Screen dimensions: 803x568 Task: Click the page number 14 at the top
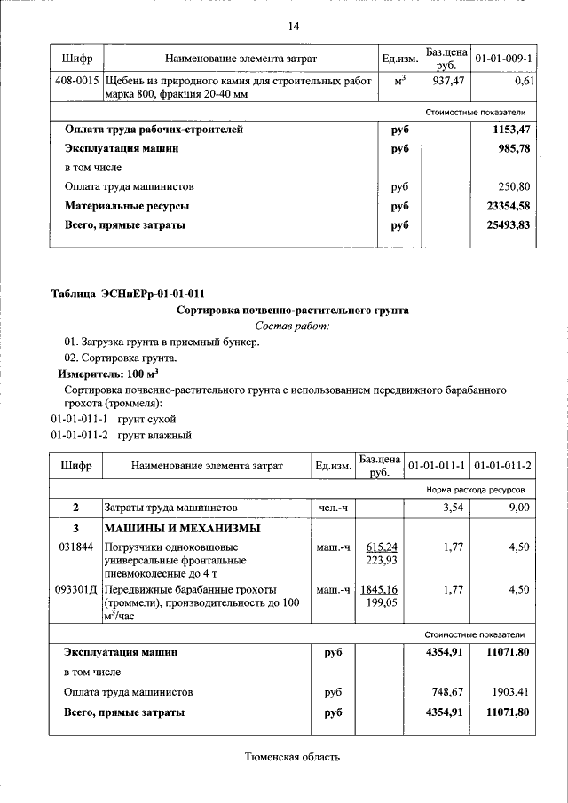[x=293, y=26]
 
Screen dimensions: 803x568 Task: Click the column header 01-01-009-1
[x=504, y=59]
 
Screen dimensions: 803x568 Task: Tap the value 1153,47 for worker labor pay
[x=511, y=130]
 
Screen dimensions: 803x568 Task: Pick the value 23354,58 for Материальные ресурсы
[x=508, y=206]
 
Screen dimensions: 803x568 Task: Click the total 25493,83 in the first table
[x=508, y=225]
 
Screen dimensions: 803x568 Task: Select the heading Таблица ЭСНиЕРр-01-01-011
[x=132, y=294]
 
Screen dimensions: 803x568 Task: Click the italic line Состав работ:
[x=292, y=327]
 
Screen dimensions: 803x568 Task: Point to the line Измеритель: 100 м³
[x=103, y=374]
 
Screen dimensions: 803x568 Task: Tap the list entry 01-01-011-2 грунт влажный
[x=121, y=435]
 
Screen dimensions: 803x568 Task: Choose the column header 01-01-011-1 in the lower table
[x=437, y=466]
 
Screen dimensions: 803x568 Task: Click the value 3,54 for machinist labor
[x=454, y=508]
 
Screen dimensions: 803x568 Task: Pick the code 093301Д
[x=77, y=590]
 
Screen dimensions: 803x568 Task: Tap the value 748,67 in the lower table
[x=444, y=692]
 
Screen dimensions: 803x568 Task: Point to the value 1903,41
[x=509, y=692]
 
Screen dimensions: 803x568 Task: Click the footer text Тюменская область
[x=292, y=757]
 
